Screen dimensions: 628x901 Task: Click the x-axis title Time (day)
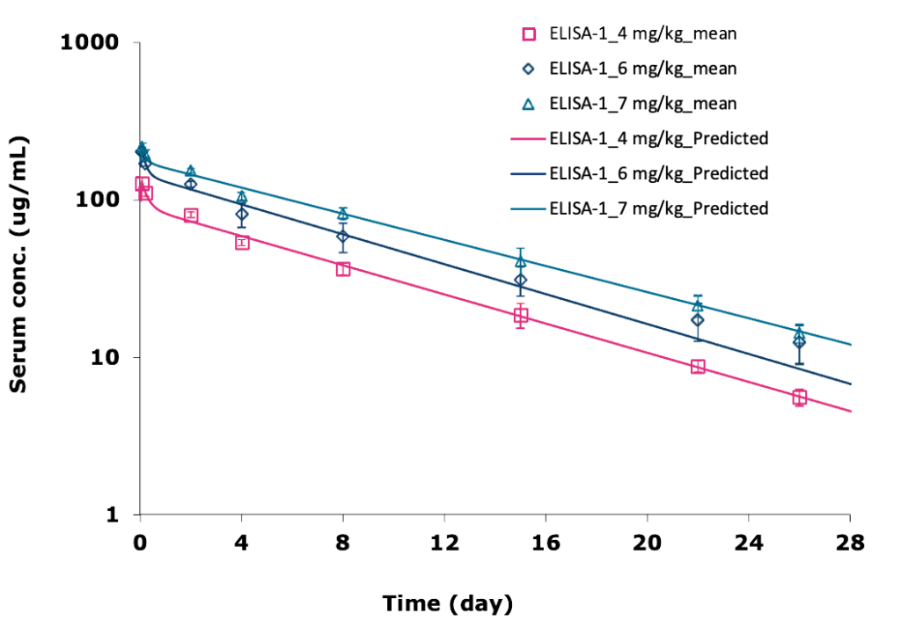click(x=447, y=603)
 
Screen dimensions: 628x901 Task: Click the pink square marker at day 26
click(x=799, y=398)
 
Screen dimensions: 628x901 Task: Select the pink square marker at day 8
click(x=343, y=269)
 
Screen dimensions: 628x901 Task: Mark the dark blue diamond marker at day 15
click(x=521, y=281)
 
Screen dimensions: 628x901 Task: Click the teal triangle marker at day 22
click(x=698, y=306)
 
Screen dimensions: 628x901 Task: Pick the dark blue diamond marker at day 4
click(x=242, y=215)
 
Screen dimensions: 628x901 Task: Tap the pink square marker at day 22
click(x=698, y=367)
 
